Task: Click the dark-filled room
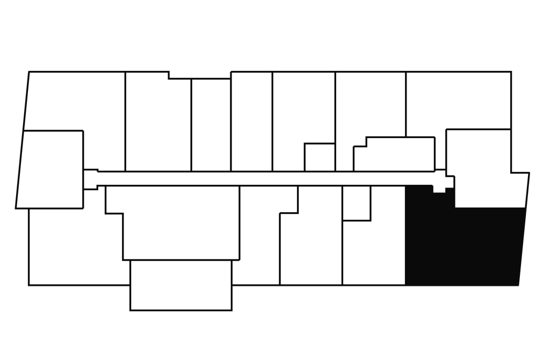(462, 247)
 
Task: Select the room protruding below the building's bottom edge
(181, 285)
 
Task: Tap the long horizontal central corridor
(269, 178)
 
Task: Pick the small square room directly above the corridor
(320, 157)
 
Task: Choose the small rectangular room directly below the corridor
(356, 203)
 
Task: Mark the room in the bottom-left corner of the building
(70, 247)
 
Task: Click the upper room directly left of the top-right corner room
(371, 107)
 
